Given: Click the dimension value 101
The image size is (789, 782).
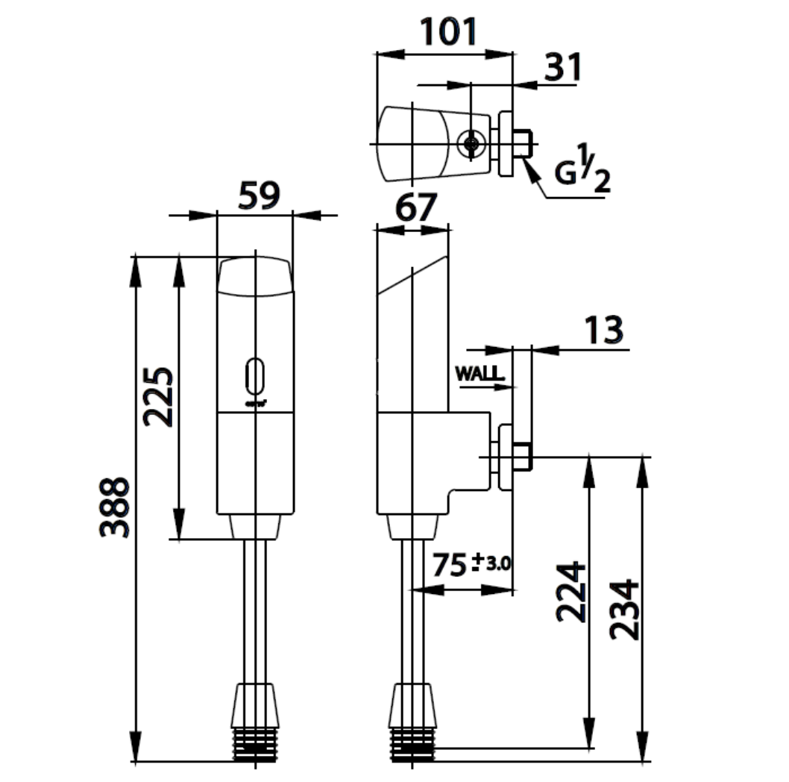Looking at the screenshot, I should point(447,32).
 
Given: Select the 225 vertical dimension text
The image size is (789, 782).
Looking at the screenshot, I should point(159,395).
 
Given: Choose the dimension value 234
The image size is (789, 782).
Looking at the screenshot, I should point(625,608).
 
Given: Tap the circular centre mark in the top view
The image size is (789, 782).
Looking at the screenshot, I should point(471,144).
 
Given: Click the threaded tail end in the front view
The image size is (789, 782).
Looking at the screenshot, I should point(255,744).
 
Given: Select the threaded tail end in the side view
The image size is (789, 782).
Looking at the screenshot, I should point(412,744).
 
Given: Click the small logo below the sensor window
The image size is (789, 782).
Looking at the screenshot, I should point(255,404).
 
